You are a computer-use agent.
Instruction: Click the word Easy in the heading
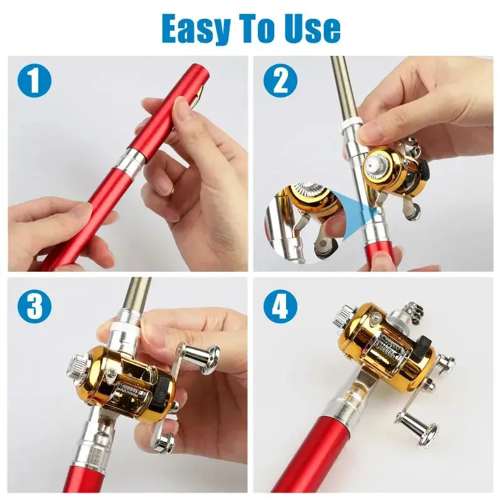click(x=196, y=28)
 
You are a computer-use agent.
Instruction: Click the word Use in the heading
click(x=310, y=28)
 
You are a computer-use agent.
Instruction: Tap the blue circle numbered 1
click(x=35, y=80)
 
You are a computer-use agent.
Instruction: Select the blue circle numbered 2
click(x=280, y=80)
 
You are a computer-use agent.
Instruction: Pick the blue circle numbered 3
click(x=35, y=306)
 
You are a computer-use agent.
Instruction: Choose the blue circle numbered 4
click(x=280, y=306)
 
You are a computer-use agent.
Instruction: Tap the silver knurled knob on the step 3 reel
click(x=77, y=366)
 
